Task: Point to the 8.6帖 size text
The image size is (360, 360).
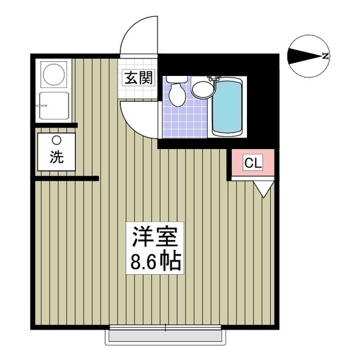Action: coord(156,262)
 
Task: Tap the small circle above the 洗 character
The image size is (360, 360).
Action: coord(56,141)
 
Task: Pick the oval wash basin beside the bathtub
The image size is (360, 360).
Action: coord(201,88)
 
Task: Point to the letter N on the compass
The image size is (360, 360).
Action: coord(326,55)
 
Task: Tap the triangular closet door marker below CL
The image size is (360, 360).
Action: coord(262,188)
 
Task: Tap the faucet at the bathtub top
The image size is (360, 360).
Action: coord(213,79)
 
